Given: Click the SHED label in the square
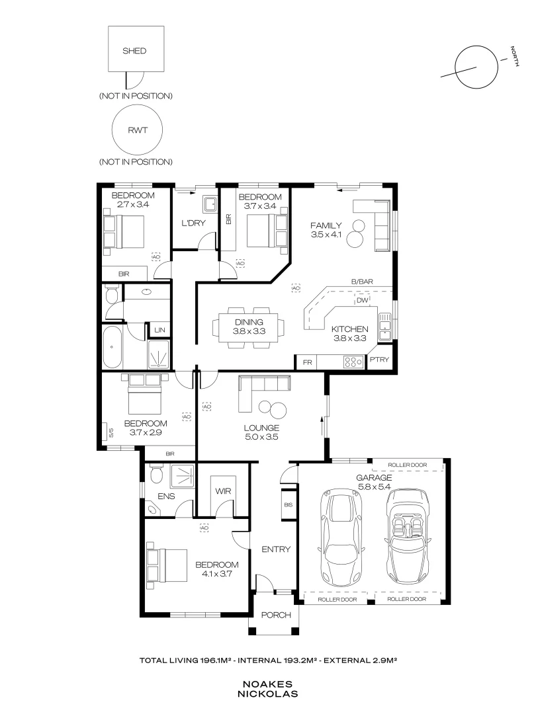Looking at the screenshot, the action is [134, 51].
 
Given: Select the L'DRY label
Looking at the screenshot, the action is [193, 223].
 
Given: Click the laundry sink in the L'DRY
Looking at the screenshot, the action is [210, 204].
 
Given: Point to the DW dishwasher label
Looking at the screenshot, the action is [363, 301].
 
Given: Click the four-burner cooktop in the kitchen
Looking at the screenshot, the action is [353, 362].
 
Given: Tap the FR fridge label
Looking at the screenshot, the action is [308, 362].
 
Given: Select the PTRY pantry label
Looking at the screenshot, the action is [379, 359].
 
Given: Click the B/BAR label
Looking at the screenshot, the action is [362, 282].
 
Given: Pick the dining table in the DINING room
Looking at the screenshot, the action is [249, 327].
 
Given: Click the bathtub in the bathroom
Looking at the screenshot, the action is [112, 347].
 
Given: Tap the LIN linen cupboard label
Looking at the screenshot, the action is [159, 330].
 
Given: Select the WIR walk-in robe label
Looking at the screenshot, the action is [223, 491].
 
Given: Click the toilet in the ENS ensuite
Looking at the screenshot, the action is [156, 475].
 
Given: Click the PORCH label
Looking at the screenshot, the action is [276, 615].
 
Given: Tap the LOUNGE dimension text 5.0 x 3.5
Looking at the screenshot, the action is [261, 437].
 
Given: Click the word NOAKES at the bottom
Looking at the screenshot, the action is [267, 684].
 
